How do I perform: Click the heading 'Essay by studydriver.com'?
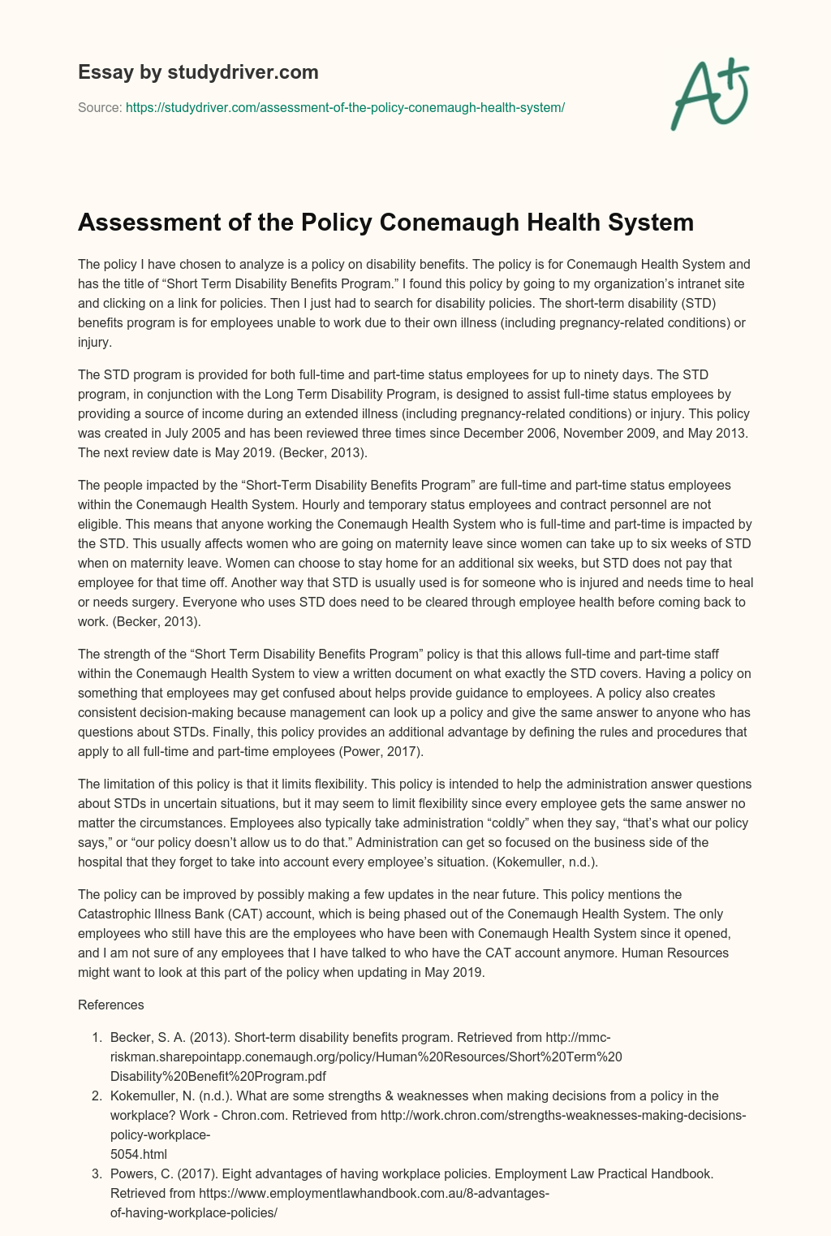198,72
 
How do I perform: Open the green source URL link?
345,107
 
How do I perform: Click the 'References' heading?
110,1005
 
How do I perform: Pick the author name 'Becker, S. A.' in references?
147,1037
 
